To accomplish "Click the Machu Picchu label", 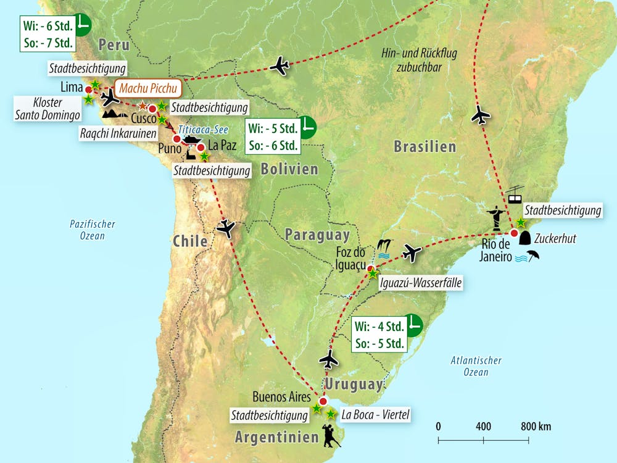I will pos(147,89).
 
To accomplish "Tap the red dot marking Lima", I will pos(89,90).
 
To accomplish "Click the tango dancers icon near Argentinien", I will pos(329,435).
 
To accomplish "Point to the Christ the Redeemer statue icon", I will pos(494,217).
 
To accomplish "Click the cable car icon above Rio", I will pos(515,196).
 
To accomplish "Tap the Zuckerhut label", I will pos(555,238).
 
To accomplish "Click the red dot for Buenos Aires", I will pos(323,401).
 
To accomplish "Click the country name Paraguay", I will pos(317,235).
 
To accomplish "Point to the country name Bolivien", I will pos(289,169).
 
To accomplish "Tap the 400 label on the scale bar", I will pos(483,427).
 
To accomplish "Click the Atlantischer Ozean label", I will pos(476,366).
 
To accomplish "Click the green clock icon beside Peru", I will pos(81,25).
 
